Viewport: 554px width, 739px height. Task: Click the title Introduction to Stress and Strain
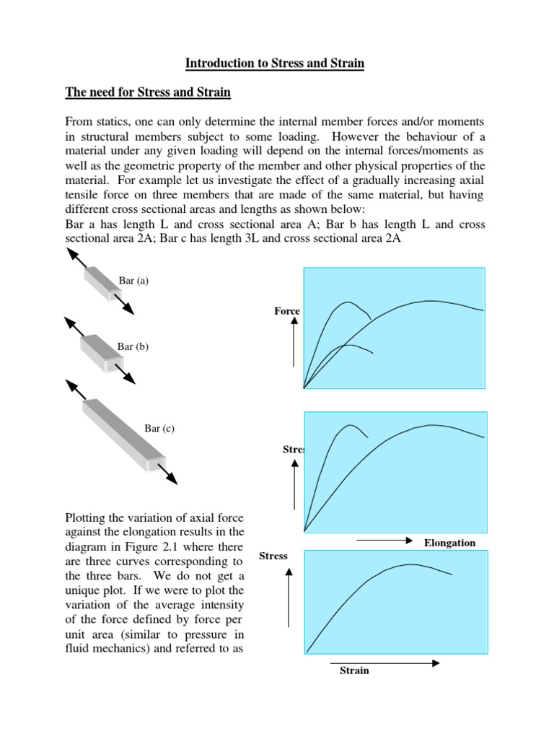coord(275,64)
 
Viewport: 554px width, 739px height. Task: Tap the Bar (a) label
coord(133,281)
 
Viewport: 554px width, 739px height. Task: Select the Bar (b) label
coord(133,346)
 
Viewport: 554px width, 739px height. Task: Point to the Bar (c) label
coord(159,429)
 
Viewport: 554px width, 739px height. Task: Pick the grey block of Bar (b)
coord(97,351)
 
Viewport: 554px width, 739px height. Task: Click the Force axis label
coord(287,311)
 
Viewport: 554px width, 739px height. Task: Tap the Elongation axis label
coord(449,543)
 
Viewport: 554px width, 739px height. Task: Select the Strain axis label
coord(354,670)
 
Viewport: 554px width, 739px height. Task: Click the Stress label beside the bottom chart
coord(273,556)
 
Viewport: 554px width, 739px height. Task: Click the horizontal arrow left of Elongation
coord(384,540)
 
